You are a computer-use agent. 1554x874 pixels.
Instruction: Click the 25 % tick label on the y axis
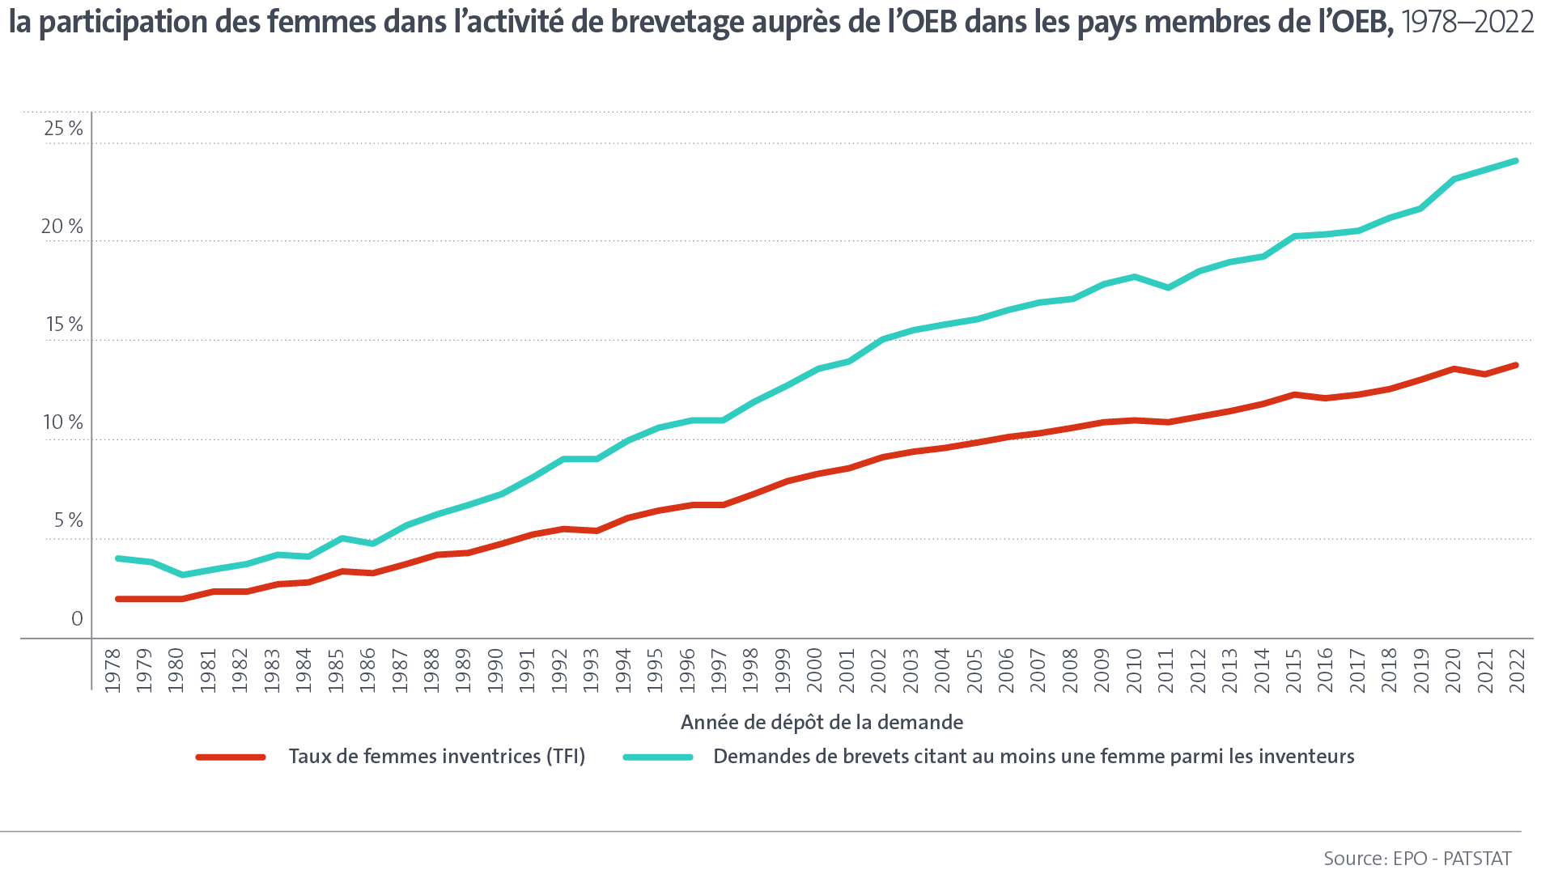point(63,129)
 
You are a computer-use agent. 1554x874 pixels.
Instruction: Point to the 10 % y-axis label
point(63,422)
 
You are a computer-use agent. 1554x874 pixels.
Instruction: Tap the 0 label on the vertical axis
point(77,619)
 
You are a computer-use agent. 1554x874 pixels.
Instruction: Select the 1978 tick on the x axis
point(113,670)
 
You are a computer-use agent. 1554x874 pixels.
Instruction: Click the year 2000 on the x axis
point(814,670)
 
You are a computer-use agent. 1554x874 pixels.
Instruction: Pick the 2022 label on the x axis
point(1518,670)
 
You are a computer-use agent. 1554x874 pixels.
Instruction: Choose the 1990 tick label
point(495,670)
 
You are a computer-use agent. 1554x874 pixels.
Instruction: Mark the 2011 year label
point(1166,670)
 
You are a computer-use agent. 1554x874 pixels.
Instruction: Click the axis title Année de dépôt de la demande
point(822,722)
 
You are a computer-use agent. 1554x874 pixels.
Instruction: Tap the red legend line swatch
point(231,757)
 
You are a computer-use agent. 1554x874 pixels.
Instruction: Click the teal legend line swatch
point(658,757)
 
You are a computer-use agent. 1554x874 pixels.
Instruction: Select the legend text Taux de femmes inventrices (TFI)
point(437,757)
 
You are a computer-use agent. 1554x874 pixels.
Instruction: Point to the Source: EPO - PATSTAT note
point(1417,858)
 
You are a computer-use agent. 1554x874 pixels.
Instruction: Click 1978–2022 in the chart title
point(1467,23)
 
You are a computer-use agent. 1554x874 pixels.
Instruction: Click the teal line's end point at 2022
point(1515,161)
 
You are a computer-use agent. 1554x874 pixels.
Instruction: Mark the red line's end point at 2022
point(1515,366)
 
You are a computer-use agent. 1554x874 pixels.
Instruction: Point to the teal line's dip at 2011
point(1167,288)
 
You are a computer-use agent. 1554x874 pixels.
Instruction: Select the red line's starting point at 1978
point(118,599)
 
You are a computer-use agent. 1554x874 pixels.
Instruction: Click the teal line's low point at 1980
point(182,575)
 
